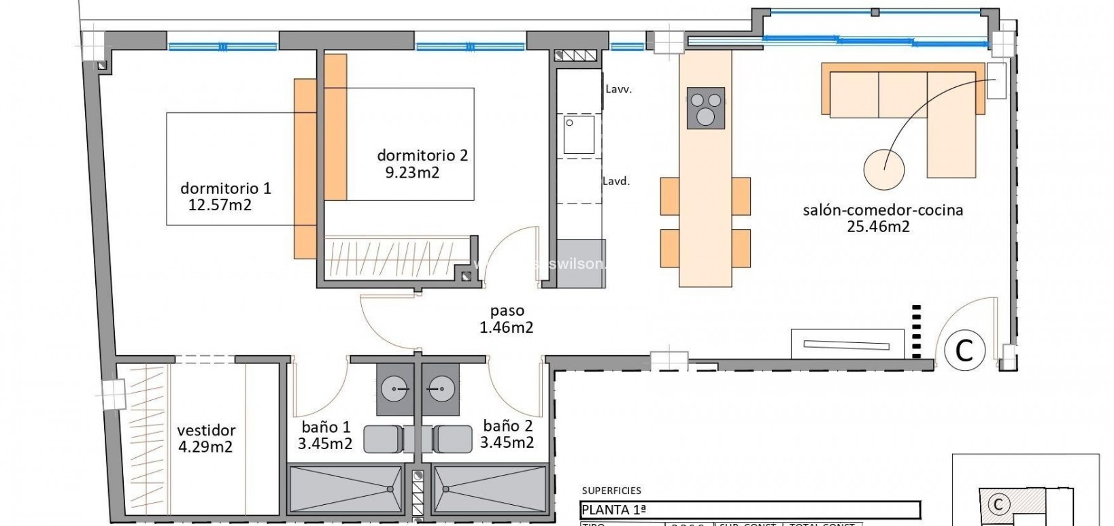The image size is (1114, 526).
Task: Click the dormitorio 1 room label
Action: click(225, 188)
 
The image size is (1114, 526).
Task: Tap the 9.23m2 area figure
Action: click(412, 173)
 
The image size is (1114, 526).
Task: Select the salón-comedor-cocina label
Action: click(883, 210)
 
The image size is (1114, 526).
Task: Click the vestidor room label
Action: click(206, 431)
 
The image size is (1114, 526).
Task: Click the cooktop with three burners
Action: click(705, 108)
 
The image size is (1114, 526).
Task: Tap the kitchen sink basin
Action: click(579, 135)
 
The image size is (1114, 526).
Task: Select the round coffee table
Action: click(883, 169)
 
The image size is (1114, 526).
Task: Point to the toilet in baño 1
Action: click(384, 439)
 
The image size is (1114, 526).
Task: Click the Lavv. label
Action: click(618, 89)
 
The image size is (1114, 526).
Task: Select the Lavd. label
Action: click(616, 182)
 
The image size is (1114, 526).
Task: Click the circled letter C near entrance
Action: click(964, 350)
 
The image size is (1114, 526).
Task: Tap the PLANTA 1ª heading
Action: click(606, 510)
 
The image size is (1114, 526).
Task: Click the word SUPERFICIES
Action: click(611, 491)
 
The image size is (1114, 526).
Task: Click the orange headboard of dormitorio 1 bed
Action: click(305, 168)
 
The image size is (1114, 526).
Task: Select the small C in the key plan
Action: click(998, 504)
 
